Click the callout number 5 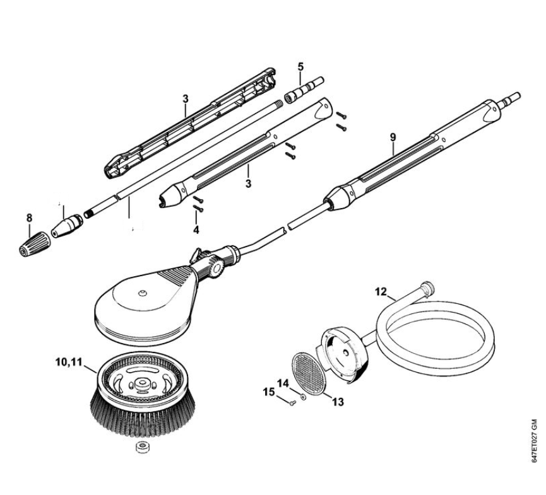[300, 66]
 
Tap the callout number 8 [29, 218]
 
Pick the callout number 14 [283, 383]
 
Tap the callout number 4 [196, 230]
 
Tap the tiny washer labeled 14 [302, 398]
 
